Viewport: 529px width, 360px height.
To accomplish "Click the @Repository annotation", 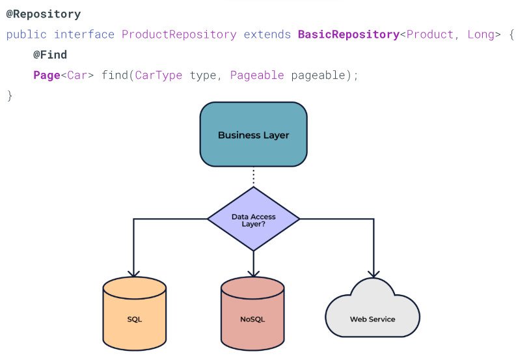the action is (x=44, y=14).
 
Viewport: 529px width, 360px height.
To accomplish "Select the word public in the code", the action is (x=26, y=35).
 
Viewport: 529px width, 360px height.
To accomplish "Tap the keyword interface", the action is (x=85, y=35).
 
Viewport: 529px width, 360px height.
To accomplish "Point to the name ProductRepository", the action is (x=179, y=35).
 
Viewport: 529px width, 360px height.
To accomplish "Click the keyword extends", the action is (x=267, y=35).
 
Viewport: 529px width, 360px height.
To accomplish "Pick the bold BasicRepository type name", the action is (x=349, y=35).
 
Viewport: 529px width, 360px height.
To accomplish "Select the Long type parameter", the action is (x=481, y=35).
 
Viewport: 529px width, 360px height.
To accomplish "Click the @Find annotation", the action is (x=50, y=55).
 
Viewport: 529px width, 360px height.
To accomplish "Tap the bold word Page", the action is (x=47, y=75).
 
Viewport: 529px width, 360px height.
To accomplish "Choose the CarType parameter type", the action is (x=159, y=75).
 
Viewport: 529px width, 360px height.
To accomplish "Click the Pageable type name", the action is (x=257, y=75).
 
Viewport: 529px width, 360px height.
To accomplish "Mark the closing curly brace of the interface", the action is (x=10, y=96).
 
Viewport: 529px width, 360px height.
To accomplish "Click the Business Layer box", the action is (x=253, y=134).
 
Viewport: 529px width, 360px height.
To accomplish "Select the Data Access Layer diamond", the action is (x=253, y=219).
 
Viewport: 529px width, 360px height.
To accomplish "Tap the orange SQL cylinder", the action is (x=134, y=313).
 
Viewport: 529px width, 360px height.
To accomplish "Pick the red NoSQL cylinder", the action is (x=252, y=313).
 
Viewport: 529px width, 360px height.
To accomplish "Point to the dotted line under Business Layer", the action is (x=253, y=177).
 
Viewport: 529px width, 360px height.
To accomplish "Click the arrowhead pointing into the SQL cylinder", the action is (x=134, y=273).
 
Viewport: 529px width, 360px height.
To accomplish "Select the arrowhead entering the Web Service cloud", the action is (x=373, y=273).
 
